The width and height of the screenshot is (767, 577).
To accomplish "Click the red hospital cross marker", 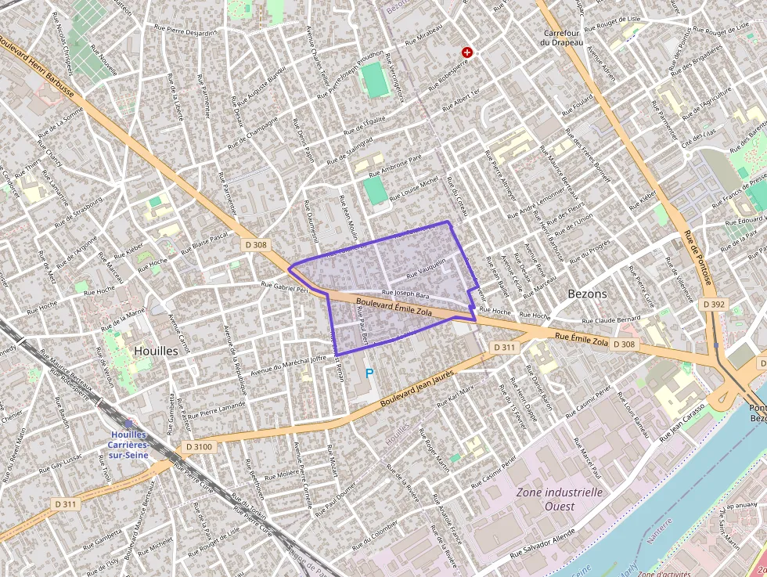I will point(467,52).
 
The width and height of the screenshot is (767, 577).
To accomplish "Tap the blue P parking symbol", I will point(369,375).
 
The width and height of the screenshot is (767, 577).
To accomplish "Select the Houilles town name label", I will point(155,351).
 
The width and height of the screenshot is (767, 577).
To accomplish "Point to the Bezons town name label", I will point(587,294).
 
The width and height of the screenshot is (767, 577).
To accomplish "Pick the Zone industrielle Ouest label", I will point(560,499).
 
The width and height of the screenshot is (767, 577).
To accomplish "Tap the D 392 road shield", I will point(715,304).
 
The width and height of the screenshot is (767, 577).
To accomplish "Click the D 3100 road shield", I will point(199,446).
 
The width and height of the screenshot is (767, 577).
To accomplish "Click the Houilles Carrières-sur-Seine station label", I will point(129,444).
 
